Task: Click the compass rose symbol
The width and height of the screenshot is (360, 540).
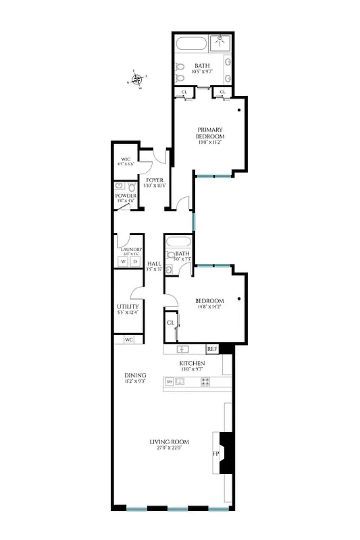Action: [138, 80]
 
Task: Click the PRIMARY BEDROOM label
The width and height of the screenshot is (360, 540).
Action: [210, 132]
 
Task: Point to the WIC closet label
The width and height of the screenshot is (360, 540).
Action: [126, 160]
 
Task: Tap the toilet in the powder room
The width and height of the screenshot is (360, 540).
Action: [120, 185]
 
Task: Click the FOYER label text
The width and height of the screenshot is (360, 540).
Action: [154, 180]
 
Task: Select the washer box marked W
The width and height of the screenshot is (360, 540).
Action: [123, 261]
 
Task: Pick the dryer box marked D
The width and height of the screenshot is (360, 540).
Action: [134, 261]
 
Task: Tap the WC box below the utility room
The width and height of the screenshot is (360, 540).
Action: [129, 340]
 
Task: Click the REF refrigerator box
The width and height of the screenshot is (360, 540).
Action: [212, 349]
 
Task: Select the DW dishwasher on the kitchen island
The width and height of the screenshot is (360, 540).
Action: [169, 382]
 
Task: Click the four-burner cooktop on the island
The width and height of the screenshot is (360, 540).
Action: [205, 382]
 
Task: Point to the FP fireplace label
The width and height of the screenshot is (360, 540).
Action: [216, 454]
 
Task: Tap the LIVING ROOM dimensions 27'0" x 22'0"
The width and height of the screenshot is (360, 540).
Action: [170, 448]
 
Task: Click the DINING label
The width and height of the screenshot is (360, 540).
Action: [135, 375]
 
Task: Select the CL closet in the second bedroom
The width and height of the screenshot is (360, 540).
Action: [171, 323]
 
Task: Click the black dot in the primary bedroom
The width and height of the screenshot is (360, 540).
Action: [239, 109]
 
